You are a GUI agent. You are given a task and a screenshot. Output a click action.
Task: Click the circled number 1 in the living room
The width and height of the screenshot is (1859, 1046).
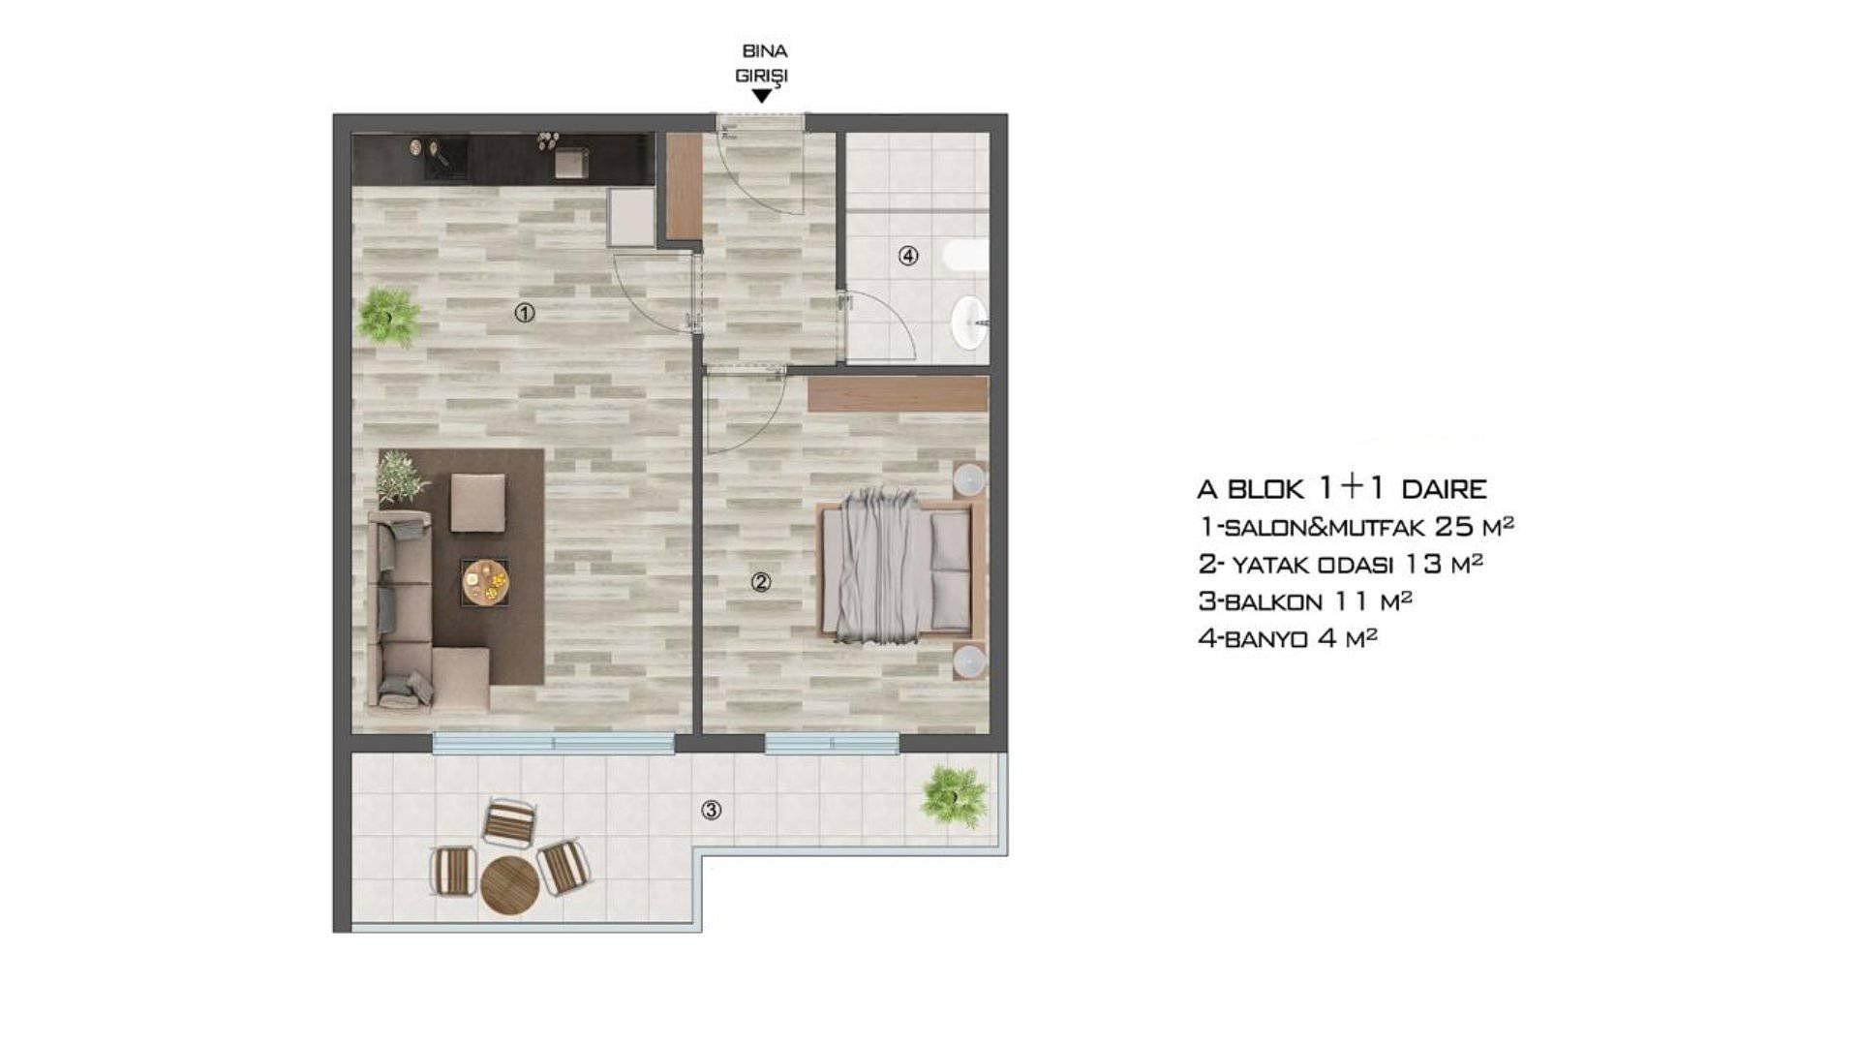(525, 313)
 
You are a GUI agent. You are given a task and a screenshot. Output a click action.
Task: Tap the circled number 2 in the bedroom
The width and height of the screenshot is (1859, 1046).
(761, 582)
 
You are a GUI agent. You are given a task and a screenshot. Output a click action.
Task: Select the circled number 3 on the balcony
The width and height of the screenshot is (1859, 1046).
(712, 811)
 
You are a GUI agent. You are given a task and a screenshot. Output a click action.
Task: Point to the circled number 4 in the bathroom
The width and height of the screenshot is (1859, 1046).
(908, 256)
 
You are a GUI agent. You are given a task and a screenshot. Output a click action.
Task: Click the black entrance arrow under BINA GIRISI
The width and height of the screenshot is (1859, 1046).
(762, 96)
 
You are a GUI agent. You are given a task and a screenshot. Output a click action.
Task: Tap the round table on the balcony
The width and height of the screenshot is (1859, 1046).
(510, 885)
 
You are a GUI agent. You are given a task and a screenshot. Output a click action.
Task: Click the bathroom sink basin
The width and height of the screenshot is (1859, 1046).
(968, 323)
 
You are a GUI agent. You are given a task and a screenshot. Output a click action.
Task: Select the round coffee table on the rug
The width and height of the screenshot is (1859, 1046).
(484, 581)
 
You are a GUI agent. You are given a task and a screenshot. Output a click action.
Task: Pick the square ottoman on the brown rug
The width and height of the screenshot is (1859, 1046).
(477, 503)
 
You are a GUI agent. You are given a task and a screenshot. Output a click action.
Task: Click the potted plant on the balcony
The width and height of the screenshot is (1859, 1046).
(955, 797)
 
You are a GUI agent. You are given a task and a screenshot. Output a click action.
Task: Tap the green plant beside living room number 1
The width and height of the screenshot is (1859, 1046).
(388, 317)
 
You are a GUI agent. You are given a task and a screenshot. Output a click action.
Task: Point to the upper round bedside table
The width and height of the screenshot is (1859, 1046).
(969, 478)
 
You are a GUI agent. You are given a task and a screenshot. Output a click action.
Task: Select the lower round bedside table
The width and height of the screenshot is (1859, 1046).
(969, 661)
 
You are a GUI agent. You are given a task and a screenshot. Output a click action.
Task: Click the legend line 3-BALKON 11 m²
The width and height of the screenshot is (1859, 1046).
(1305, 600)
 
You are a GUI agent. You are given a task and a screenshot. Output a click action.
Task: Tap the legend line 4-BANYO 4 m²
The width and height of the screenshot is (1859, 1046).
(1288, 637)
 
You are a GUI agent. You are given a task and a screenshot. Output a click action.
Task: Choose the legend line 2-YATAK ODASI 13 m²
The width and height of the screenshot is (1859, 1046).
(1341, 564)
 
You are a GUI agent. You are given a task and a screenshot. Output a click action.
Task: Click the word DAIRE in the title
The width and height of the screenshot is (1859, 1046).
(1444, 488)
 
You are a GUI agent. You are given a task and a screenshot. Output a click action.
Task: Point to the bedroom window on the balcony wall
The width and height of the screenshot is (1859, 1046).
(832, 744)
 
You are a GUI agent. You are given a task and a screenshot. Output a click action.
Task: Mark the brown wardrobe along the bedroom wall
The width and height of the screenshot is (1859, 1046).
(898, 394)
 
